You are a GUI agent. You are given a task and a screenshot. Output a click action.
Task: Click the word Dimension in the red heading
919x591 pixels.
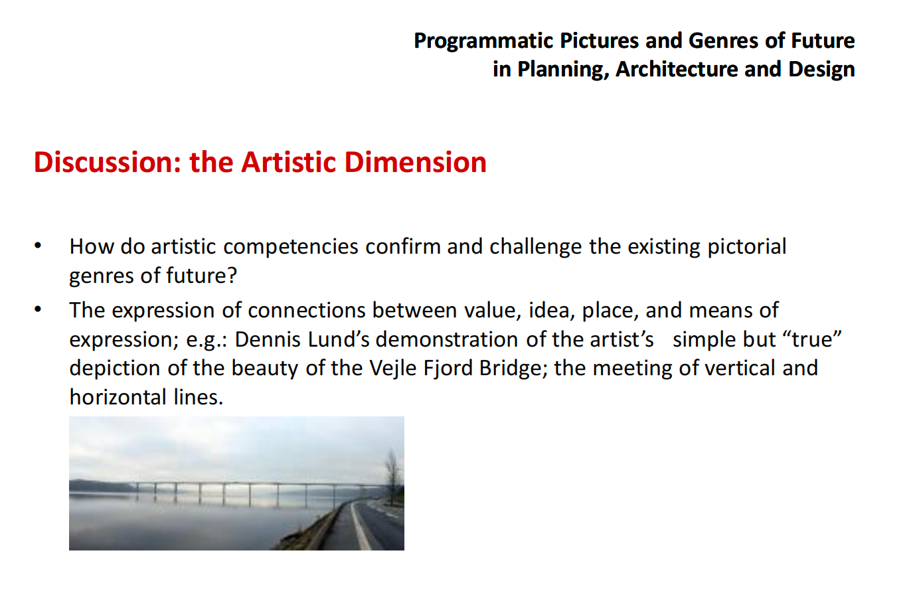point(415,162)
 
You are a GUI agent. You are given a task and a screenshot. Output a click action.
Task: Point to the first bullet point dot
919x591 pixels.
point(38,246)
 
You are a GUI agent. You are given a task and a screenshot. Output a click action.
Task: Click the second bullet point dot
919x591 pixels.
point(38,309)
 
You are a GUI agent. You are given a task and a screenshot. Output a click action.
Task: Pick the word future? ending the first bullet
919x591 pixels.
point(201,275)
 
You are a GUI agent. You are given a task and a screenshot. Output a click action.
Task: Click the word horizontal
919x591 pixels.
point(118,397)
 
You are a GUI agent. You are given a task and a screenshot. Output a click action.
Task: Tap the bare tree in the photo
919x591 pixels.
point(392,477)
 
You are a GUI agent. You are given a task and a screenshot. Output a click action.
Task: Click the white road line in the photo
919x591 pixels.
point(361,528)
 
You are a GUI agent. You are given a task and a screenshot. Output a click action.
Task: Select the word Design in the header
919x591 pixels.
point(821,70)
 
